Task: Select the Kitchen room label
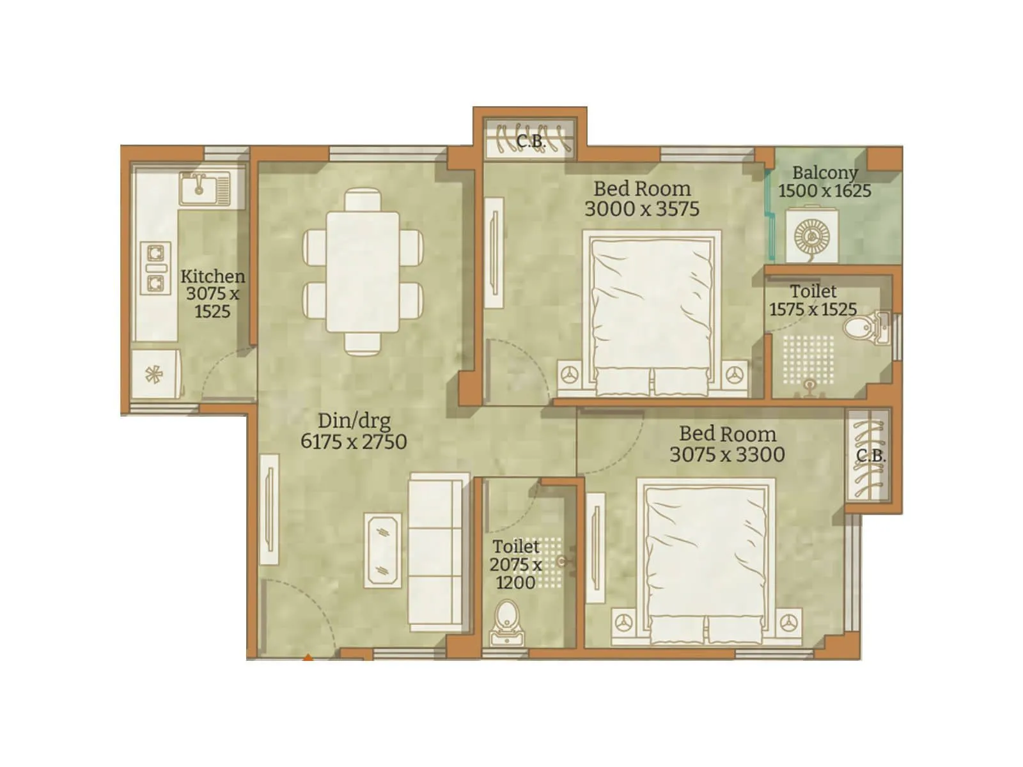(x=212, y=276)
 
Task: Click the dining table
(x=363, y=272)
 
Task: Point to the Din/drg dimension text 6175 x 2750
(x=354, y=442)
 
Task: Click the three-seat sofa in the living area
(x=435, y=552)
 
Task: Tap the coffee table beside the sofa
(x=382, y=550)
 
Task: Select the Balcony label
(x=824, y=173)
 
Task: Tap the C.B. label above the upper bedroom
(x=530, y=141)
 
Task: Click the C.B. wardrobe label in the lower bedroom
(x=870, y=456)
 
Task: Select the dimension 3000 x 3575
(x=642, y=209)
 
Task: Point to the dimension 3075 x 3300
(x=727, y=454)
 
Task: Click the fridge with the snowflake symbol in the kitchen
(x=155, y=375)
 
